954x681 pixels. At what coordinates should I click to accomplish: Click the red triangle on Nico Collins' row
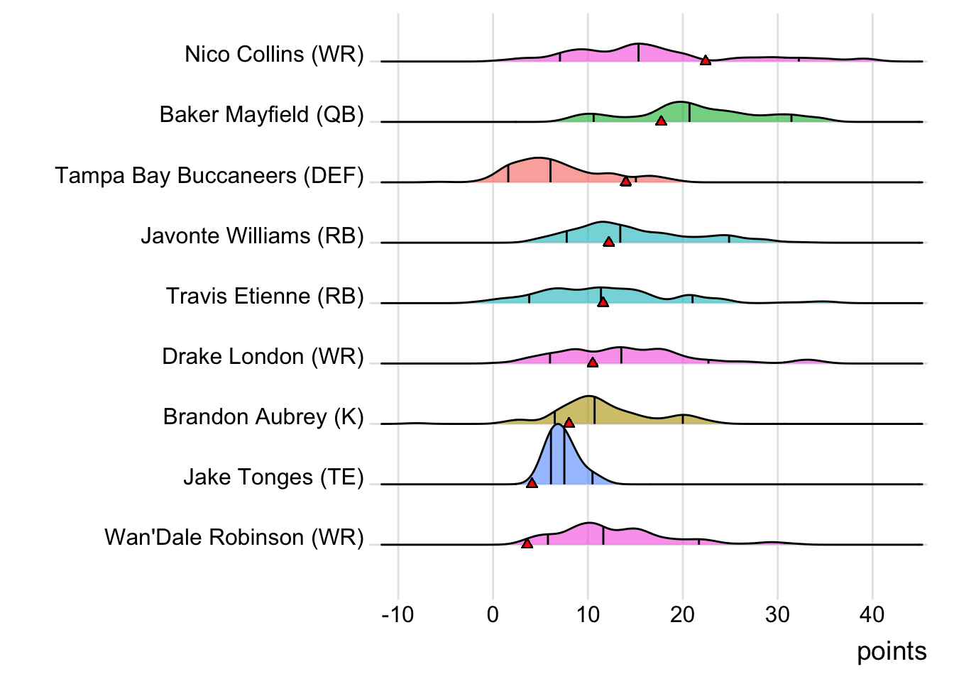(x=705, y=60)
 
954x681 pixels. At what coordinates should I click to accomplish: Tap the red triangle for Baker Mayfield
(x=661, y=121)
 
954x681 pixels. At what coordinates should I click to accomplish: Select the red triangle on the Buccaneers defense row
(x=625, y=181)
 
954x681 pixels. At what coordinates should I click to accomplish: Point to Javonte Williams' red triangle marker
(x=608, y=242)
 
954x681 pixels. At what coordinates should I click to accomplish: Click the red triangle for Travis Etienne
(x=603, y=302)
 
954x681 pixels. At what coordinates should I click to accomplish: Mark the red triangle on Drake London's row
(x=593, y=362)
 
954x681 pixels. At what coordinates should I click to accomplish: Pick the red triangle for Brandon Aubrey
(x=569, y=423)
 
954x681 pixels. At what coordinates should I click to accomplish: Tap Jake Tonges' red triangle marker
(x=532, y=483)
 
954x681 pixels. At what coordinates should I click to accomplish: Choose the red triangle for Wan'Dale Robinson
(x=527, y=543)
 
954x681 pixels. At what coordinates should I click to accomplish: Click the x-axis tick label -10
(x=397, y=614)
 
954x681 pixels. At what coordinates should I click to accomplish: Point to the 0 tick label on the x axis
(x=493, y=614)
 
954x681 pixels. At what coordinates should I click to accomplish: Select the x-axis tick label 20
(x=682, y=614)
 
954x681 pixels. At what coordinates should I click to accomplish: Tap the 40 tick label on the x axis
(x=872, y=614)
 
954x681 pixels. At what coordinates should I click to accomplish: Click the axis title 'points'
(x=892, y=651)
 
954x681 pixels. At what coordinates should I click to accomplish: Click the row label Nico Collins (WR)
(x=274, y=54)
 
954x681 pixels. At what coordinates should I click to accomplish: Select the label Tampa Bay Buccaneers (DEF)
(x=209, y=175)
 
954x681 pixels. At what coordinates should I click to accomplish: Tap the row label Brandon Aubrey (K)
(x=263, y=416)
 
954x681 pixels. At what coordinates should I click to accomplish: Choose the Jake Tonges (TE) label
(x=273, y=477)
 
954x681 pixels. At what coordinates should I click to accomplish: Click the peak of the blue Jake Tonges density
(x=559, y=425)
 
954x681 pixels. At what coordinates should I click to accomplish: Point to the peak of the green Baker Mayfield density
(x=681, y=102)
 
